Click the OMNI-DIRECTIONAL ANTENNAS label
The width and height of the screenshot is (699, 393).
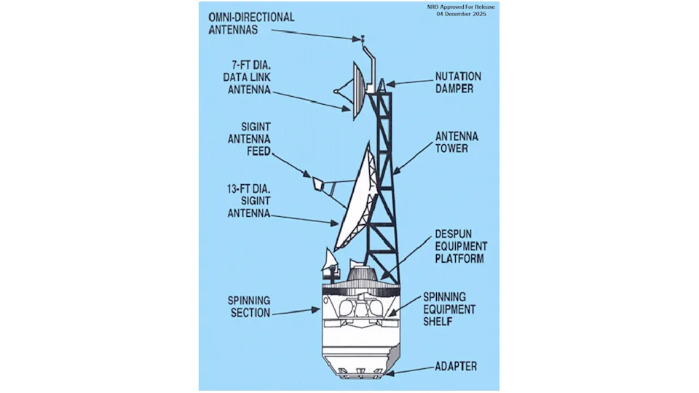point(250,23)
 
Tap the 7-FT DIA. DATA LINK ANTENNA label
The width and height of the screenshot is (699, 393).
point(247,76)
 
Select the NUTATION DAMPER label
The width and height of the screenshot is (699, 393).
point(458,82)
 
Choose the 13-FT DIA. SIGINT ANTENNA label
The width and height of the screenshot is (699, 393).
point(248,200)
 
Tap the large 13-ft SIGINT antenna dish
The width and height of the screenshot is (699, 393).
point(356,205)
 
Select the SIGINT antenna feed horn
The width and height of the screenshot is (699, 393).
point(318,183)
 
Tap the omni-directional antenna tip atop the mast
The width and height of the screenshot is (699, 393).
point(362,38)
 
